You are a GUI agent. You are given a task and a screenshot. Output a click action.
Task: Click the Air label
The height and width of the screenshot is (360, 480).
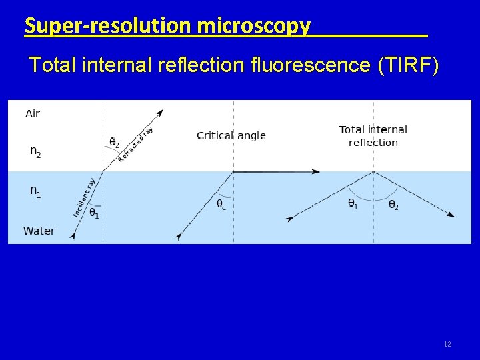tap(33, 113)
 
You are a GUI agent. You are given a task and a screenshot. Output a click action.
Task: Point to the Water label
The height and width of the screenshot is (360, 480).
tap(39, 231)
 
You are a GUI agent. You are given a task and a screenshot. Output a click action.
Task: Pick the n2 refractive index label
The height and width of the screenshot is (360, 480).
tap(35, 151)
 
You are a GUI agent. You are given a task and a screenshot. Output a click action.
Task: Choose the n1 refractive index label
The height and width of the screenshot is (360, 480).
tap(35, 191)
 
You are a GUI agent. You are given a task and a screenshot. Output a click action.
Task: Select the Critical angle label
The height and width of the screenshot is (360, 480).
tap(231, 135)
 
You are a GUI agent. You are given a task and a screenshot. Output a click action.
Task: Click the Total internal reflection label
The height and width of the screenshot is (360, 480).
tap(373, 136)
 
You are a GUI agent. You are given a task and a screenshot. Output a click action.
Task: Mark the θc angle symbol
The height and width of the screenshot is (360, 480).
tap(221, 205)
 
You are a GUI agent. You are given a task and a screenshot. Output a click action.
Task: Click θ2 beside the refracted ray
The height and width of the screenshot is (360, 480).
tap(115, 143)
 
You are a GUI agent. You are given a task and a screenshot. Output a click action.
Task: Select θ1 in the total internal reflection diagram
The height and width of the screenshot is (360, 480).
tap(353, 203)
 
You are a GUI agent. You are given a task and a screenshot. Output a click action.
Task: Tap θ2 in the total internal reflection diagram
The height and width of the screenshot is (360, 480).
tap(393, 204)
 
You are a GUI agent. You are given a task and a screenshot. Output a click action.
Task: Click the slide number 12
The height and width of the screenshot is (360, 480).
tap(447, 344)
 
